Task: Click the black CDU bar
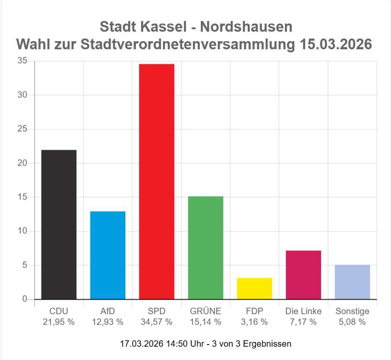(x=59, y=224)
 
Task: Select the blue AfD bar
(x=107, y=255)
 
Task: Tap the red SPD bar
(x=157, y=181)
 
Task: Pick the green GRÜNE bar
(x=205, y=247)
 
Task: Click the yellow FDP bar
(x=255, y=289)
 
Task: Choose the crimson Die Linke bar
(x=303, y=275)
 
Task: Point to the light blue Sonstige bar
(x=352, y=282)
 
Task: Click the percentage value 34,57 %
(x=157, y=322)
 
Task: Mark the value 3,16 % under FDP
(x=255, y=322)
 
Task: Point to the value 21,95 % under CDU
(x=59, y=322)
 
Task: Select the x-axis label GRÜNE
(x=205, y=311)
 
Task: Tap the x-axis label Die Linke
(x=303, y=311)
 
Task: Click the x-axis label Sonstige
(x=352, y=311)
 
